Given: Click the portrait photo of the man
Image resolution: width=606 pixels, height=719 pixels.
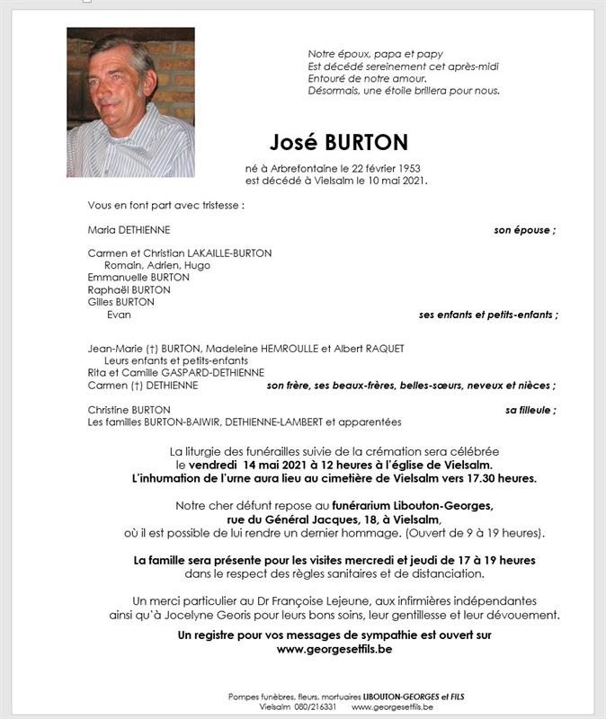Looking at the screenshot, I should (x=130, y=102).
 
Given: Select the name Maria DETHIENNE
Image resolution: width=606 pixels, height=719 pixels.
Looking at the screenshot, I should (x=129, y=230).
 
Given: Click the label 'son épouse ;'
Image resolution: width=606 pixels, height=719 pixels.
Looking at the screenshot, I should (x=524, y=230).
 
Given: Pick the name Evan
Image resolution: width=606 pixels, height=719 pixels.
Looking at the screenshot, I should (x=119, y=315).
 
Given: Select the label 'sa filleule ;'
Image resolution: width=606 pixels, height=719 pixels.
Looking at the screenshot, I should (x=530, y=410).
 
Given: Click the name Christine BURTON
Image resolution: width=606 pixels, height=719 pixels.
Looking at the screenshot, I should (x=129, y=410).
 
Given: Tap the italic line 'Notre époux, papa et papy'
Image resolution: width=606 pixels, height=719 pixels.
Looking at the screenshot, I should (x=375, y=54).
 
